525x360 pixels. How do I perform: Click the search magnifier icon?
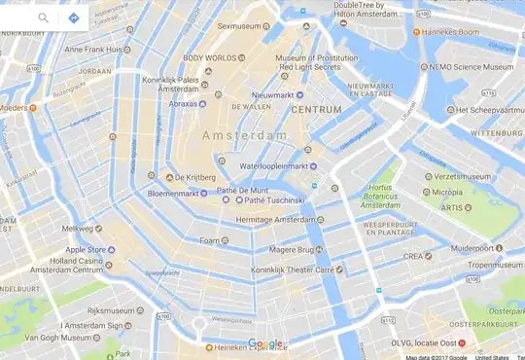44,18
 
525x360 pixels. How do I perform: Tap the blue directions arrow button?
73,18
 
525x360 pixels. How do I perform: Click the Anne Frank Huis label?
92,49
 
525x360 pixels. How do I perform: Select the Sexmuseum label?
243,27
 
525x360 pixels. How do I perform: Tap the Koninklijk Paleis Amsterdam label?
170,84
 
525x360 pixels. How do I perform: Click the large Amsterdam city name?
245,135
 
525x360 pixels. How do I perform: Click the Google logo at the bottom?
264,343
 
